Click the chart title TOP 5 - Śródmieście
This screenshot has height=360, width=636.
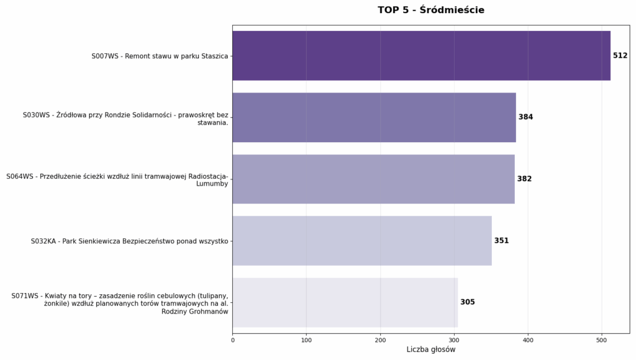click(430, 10)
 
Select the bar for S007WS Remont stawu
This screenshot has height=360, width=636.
click(421, 56)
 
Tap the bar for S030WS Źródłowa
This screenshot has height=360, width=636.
click(374, 117)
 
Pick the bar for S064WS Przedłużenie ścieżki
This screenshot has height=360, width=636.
click(373, 179)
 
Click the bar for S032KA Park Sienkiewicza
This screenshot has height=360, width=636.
click(362, 241)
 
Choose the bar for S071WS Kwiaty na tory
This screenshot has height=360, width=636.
click(345, 302)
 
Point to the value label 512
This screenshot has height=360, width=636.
click(620, 56)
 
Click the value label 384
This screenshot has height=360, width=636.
click(525, 117)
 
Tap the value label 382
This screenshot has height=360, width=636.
click(524, 179)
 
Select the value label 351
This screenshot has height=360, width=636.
click(501, 241)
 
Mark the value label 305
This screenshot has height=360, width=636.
click(467, 302)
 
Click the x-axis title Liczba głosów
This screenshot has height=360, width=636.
click(430, 349)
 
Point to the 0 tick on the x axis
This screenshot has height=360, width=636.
click(233, 340)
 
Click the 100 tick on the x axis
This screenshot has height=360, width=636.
click(306, 340)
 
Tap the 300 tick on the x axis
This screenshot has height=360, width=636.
click(454, 340)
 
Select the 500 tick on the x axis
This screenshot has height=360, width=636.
click(601, 340)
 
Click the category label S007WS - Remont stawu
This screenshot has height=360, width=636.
click(160, 56)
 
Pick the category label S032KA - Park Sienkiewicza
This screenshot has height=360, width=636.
click(129, 241)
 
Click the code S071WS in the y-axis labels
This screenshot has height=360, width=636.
click(25, 296)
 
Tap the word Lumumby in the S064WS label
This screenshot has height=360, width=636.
click(212, 184)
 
